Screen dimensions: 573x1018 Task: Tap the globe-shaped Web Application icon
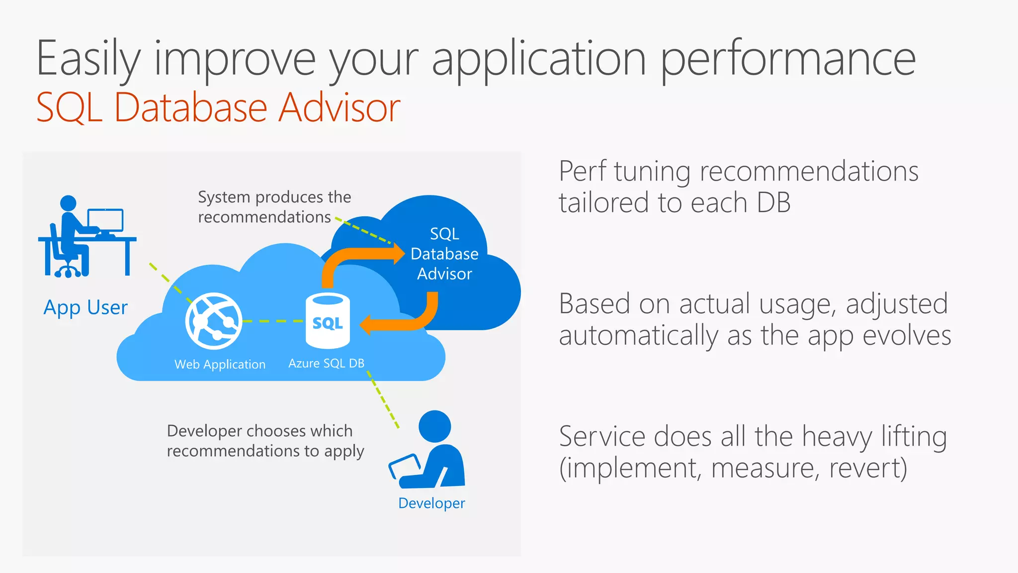tap(214, 321)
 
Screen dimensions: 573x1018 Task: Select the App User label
tap(85, 308)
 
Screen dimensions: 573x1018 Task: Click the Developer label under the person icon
tap(431, 503)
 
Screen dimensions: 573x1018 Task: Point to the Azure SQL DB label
tap(326, 364)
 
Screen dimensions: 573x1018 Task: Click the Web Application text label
tap(220, 365)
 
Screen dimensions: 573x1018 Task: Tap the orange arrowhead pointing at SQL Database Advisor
tap(399, 254)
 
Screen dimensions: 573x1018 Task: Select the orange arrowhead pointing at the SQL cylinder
tap(366, 324)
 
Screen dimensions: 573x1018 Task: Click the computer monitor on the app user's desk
tap(105, 220)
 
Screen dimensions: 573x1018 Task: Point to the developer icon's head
tap(434, 426)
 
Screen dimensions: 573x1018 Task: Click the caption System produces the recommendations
tap(274, 207)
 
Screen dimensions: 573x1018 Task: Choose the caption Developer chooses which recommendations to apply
tap(265, 441)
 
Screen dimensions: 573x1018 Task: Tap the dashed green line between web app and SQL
tap(273, 321)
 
